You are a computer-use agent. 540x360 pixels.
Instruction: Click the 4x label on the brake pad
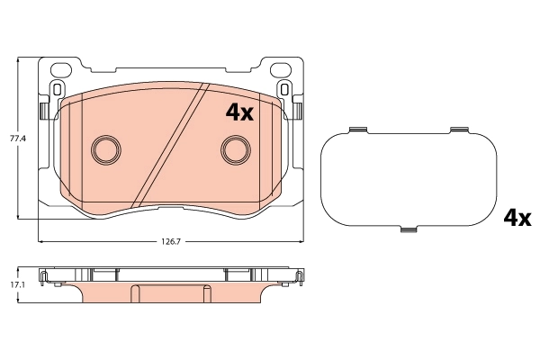(x=239, y=112)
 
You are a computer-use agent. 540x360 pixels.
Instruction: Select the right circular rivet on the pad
(x=237, y=148)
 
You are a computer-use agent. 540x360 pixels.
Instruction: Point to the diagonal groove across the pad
(x=171, y=144)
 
